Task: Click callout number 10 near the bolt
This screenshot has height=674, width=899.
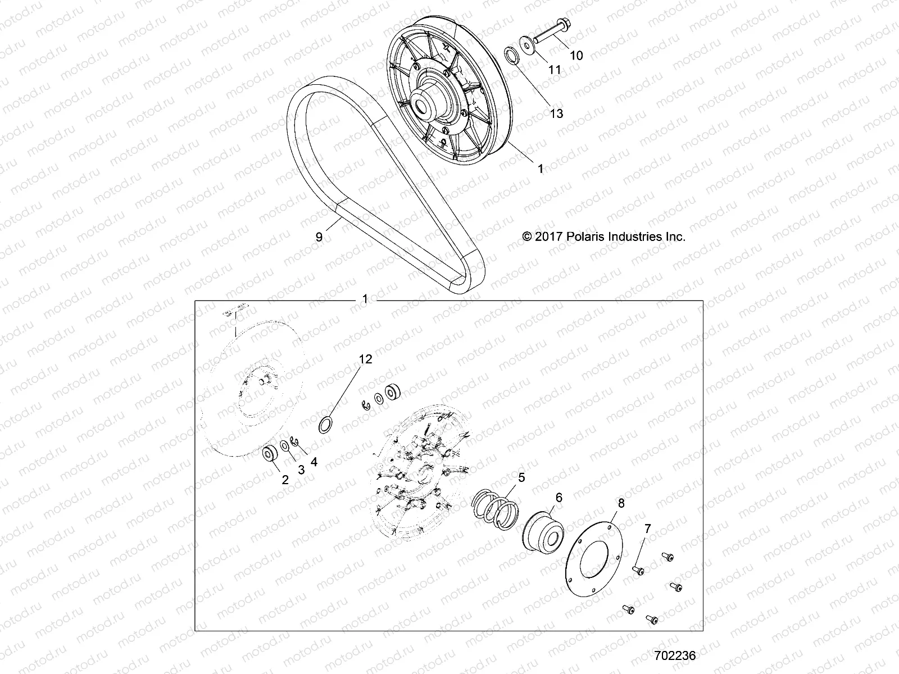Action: (576, 55)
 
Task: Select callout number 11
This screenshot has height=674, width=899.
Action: (555, 70)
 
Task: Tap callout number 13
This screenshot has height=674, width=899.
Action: (556, 113)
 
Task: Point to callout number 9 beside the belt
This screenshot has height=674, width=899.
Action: (319, 237)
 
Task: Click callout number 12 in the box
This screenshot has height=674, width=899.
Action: (366, 359)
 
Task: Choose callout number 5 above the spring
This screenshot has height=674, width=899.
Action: (521, 478)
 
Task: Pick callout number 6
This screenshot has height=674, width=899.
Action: (559, 498)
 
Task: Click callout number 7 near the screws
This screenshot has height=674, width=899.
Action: (647, 529)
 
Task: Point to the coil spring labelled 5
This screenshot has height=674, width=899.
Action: (493, 509)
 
